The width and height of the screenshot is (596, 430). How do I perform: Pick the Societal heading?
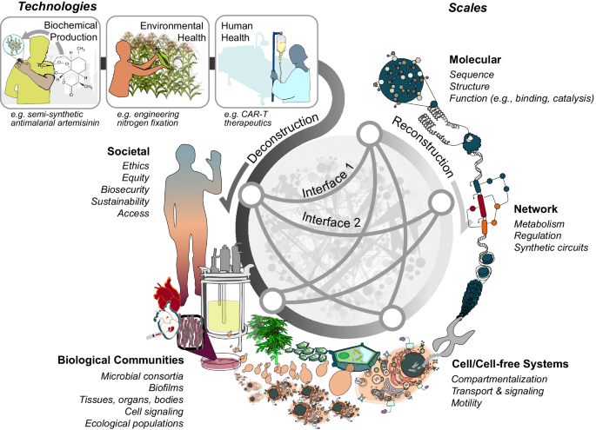coord(127,149)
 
